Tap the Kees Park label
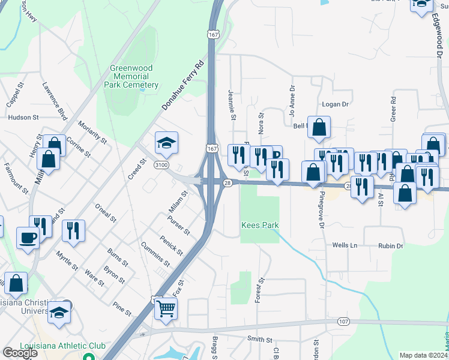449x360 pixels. pos(260,225)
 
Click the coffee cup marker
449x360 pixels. pos(28,238)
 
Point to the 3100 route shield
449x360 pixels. pos(161,164)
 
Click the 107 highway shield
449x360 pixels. pos(343,322)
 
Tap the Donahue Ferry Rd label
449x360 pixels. pos(183,85)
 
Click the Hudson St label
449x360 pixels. pos(23,118)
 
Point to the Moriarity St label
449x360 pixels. pos(92,133)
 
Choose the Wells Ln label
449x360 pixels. pos(345,245)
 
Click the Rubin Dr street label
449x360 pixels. pos(390,245)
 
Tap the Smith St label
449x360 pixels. pos(261,339)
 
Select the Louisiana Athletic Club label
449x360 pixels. pos(62,346)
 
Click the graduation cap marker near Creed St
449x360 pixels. pos(166,143)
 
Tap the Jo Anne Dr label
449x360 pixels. pos(292,103)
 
